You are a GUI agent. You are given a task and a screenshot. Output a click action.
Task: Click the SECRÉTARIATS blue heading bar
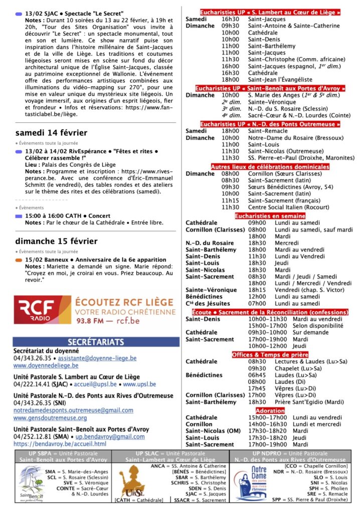tap(96, 342)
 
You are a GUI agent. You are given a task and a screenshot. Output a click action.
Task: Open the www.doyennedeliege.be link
tap(46, 366)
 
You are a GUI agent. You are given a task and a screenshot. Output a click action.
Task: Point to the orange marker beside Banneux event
tap(19, 260)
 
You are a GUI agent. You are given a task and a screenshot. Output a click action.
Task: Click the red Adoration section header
tap(270, 411)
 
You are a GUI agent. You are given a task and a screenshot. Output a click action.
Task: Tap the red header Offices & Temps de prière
tap(270, 355)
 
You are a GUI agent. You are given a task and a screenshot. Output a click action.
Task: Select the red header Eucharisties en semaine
tap(270, 216)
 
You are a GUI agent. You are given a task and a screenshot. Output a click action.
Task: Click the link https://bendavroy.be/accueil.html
tap(60, 444)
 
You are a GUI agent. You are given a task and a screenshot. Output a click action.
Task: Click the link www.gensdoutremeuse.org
tap(50, 418)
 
